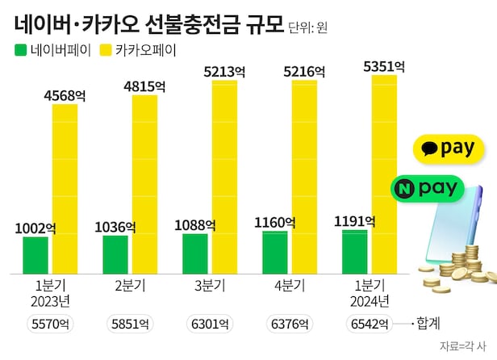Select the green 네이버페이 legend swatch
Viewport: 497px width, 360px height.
coord(21,50)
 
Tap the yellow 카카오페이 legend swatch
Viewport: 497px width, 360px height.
coord(105,50)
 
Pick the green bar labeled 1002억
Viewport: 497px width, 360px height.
coord(36,254)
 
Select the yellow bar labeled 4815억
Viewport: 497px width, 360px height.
coord(146,182)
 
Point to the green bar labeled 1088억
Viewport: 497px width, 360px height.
coord(195,253)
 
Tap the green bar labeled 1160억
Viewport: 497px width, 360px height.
coord(275,251)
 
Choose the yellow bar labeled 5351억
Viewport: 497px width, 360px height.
coord(386,173)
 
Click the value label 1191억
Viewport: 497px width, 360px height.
coord(357,220)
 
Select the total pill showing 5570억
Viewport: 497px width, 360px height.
coord(50,324)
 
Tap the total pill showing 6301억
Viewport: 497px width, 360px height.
coord(210,324)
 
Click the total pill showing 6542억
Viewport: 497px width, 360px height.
coord(369,324)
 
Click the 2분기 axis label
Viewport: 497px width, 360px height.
coord(130,285)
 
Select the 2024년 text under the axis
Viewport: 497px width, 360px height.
coord(370,301)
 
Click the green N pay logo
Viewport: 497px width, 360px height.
coord(427,188)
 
